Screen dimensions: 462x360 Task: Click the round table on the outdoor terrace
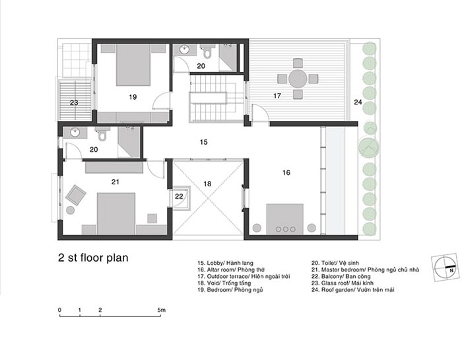(298, 79)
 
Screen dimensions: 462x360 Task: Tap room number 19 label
(133, 96)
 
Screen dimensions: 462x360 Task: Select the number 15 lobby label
(203, 142)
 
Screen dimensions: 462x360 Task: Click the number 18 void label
(207, 184)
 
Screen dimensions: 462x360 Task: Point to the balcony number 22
(179, 196)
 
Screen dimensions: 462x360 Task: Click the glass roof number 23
(74, 102)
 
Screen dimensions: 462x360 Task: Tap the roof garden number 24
(358, 102)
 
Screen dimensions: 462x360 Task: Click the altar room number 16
(286, 172)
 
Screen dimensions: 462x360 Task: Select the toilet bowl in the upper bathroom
(207, 52)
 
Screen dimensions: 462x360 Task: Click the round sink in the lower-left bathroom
(75, 133)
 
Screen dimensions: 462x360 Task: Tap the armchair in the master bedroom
(76, 195)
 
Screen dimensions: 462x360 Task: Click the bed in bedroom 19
(133, 65)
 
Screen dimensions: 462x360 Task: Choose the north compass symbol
(445, 267)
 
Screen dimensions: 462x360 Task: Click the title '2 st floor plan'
(93, 258)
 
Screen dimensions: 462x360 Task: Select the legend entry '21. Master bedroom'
(365, 270)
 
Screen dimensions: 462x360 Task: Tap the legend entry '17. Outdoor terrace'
(244, 276)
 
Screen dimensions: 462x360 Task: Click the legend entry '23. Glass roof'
(343, 283)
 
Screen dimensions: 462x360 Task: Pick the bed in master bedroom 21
(116, 213)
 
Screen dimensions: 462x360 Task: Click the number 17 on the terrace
(277, 96)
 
